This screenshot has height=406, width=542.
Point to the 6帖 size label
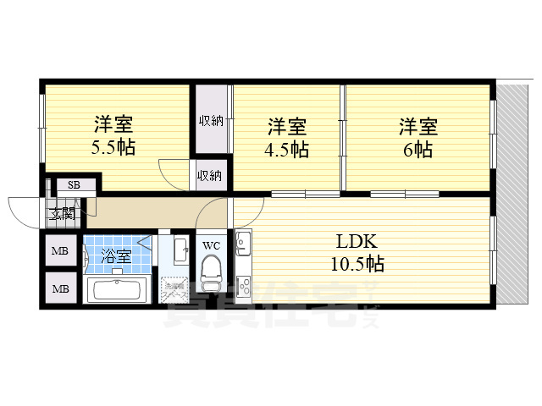418,150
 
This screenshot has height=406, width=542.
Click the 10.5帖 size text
357,264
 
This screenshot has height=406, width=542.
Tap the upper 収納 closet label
211,120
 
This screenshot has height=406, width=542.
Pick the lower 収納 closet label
211,176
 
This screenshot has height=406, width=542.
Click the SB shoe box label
74,185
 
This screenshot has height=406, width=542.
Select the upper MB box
60,251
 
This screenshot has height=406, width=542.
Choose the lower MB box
60,289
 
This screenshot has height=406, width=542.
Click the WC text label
211,246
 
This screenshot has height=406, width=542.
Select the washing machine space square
174,290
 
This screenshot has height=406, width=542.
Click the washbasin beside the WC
179,250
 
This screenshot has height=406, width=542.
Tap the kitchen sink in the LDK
242,245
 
